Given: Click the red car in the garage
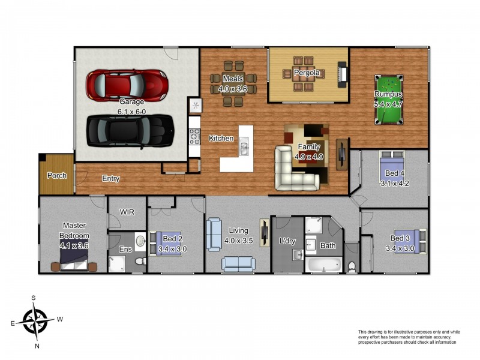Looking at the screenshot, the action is coord(127,85).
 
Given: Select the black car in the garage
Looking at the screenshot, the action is coord(130,131).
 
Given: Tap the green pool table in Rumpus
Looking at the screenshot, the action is coord(389,100).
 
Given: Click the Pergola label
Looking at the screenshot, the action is coord(307,73).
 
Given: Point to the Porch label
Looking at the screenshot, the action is coord(56,175).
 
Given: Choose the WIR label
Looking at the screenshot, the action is coord(127,212).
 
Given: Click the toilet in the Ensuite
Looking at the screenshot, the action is coord(140,262).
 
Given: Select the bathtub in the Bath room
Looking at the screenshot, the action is coord(323,265).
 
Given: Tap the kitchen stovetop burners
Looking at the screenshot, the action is coord(194,137).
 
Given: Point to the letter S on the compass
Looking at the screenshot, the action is coord(34,298).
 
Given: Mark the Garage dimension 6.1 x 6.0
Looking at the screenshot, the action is coord(131,112).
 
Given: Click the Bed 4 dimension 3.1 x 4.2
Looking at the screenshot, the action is coord(395,184).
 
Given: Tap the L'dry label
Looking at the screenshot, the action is coord(287,241).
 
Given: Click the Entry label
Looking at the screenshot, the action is coord(111,178).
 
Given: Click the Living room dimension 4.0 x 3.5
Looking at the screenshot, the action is coord(238,241).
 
